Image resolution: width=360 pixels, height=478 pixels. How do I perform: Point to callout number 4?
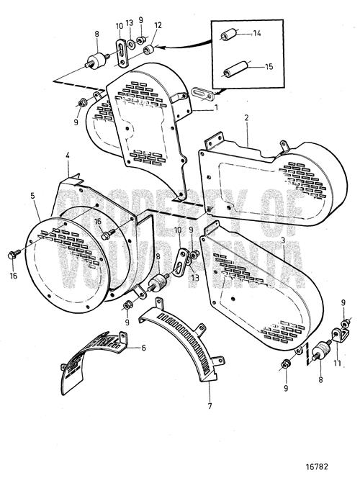pos(67,155)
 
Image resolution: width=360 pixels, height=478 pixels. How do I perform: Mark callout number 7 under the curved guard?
pos(209,397)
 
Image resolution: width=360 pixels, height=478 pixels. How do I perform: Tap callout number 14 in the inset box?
pos(258,33)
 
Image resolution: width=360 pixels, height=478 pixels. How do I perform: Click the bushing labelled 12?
pos(151,49)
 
